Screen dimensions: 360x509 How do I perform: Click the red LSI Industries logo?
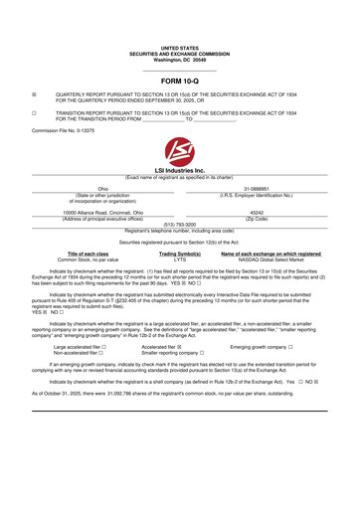tap(179, 153)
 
